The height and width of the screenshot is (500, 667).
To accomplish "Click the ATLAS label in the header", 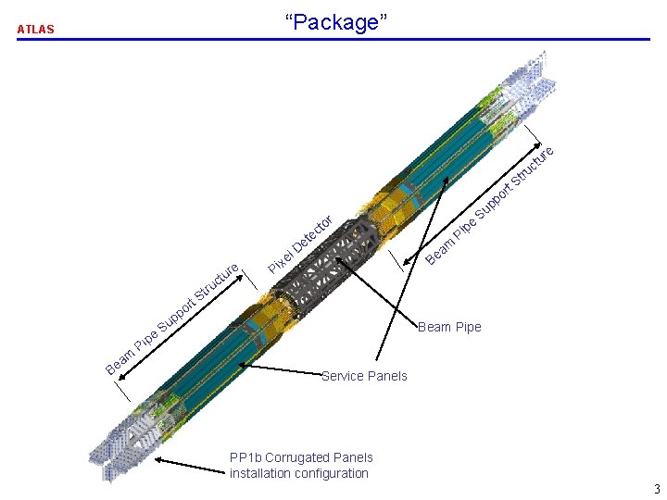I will pyautogui.click(x=36, y=29).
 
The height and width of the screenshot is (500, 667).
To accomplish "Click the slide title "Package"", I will pyautogui.click(x=333, y=22).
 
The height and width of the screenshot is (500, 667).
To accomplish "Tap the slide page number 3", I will pyautogui.click(x=656, y=489).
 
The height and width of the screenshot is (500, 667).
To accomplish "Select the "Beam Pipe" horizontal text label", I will pyautogui.click(x=449, y=327).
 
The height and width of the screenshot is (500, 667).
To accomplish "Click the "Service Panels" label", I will pyautogui.click(x=364, y=375).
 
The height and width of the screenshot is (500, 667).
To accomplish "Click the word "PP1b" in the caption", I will pyautogui.click(x=245, y=457).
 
